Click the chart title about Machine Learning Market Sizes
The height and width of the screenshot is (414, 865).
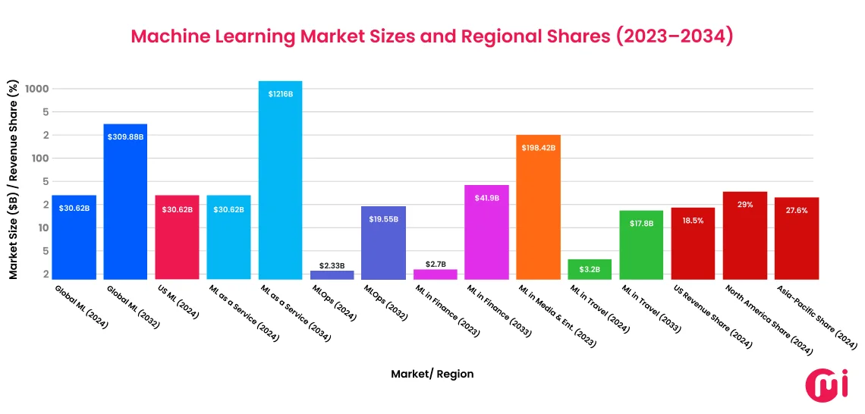tap(432, 36)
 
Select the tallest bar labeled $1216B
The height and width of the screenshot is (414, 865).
tap(280, 182)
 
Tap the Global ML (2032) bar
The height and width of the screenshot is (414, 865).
tap(125, 201)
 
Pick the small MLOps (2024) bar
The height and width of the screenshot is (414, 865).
tap(332, 274)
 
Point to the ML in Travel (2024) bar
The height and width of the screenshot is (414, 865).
tap(590, 269)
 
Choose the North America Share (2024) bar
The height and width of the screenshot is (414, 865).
tap(744, 235)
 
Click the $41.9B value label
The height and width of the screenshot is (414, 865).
tap(486, 199)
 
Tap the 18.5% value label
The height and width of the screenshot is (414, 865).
tap(693, 221)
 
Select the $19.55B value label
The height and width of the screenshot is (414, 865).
tap(383, 219)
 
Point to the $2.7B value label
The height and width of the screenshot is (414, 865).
tap(435, 263)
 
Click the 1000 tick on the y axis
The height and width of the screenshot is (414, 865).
tap(36, 89)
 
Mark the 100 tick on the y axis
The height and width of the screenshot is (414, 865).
tap(39, 158)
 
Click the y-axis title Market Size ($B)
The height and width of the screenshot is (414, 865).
tap(14, 182)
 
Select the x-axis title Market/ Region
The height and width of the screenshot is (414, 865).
tap(432, 374)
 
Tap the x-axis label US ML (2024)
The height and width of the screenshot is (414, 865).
tap(176, 302)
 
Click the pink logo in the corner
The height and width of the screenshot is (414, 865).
tap(822, 384)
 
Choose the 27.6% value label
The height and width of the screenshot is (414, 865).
tap(796, 211)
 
